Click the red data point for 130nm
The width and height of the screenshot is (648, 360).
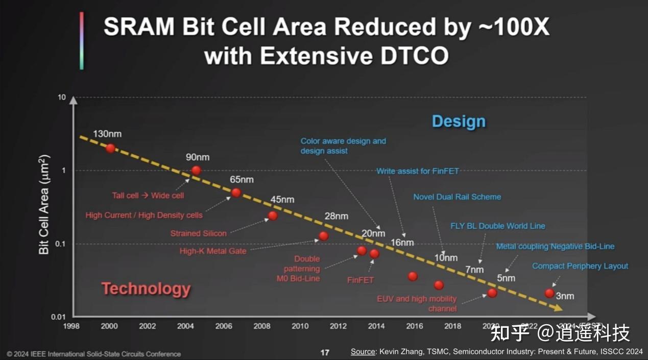pyautogui.click(x=110, y=148)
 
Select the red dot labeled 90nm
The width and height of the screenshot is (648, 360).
pyautogui.click(x=196, y=170)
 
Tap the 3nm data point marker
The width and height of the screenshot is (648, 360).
pyautogui.click(x=549, y=293)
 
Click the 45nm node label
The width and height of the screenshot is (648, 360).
pyautogui.click(x=282, y=200)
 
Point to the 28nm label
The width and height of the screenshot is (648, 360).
pyautogui.click(x=336, y=216)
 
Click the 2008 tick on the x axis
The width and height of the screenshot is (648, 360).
pyautogui.click(x=262, y=326)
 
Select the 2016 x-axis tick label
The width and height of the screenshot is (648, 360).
pyautogui.click(x=415, y=326)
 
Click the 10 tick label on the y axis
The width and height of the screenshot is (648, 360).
pyautogui.click(x=62, y=97)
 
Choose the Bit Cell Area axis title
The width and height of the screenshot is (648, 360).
pyautogui.click(x=44, y=204)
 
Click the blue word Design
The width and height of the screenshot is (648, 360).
pyautogui.click(x=459, y=122)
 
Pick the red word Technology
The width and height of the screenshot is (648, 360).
pyautogui.click(x=146, y=289)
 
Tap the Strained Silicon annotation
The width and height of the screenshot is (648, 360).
pyautogui.click(x=198, y=233)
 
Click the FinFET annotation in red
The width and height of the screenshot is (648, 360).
pyautogui.click(x=360, y=280)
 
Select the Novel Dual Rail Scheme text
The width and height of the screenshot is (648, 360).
pyautogui.click(x=457, y=197)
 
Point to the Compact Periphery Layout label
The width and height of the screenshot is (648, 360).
pyautogui.click(x=580, y=266)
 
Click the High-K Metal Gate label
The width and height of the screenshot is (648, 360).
pyautogui.click(x=213, y=251)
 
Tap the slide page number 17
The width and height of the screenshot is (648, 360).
pyautogui.click(x=325, y=352)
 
